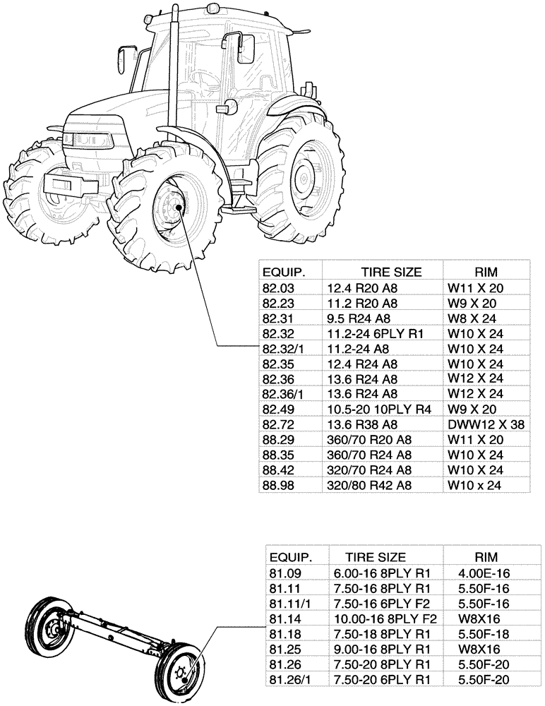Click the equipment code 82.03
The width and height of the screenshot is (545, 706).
pos(277,288)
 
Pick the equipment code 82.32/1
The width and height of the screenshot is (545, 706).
pos(282,349)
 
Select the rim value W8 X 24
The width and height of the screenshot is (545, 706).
pos(474,318)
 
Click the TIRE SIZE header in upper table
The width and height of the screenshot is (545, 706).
pos(391,272)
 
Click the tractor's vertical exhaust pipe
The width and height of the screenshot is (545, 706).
pos(171,71)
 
